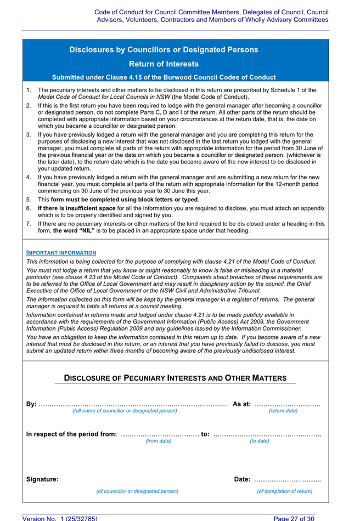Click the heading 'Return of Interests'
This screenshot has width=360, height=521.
coord(164,64)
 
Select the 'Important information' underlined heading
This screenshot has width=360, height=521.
coord(61,253)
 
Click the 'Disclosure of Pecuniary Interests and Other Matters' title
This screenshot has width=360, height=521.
coord(175,378)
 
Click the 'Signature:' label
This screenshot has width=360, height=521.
coord(42,479)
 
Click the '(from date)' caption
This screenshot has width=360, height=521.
coord(158,440)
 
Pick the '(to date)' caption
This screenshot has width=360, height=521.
coord(260,440)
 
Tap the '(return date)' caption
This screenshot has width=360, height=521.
coord(283,411)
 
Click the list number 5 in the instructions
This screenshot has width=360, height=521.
coord(29,200)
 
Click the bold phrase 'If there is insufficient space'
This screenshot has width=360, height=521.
coord(77,208)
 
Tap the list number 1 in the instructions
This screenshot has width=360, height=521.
coord(29,90)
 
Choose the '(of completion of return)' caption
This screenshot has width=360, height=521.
coord(285,491)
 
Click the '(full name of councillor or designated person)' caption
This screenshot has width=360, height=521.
coord(125,411)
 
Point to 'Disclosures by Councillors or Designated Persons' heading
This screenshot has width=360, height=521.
coord(164,50)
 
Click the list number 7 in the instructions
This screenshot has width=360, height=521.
coord(29,224)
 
